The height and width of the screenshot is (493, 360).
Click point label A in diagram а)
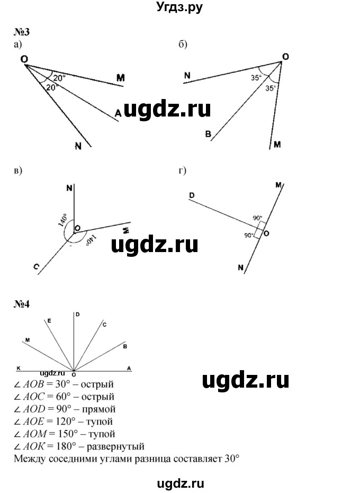tap(118, 113)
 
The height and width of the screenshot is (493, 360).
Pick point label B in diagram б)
tap(209, 135)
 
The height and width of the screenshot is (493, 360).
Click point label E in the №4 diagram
tap(49, 321)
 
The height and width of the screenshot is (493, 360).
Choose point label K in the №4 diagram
tap(19, 366)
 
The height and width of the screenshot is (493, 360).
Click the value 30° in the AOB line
tap(64, 384)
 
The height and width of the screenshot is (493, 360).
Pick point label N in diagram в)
tap(69, 187)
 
